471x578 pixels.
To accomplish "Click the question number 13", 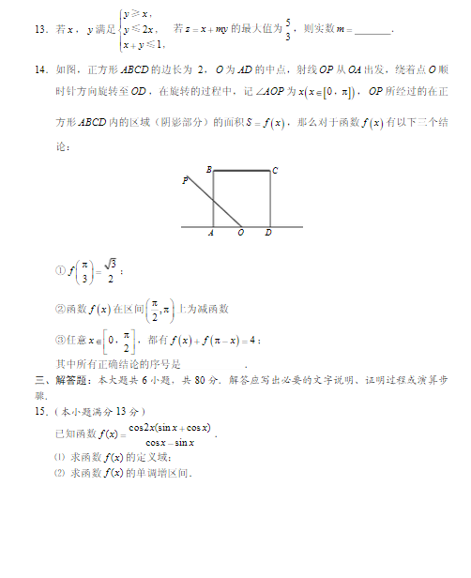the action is click(38, 30).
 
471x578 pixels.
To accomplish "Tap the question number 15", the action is click(39, 411).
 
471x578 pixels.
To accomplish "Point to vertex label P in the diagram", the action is click(186, 180).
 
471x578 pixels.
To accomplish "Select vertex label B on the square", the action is click(208, 170).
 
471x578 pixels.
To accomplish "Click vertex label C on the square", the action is click(275, 171).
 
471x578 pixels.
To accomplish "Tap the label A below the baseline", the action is click(212, 234).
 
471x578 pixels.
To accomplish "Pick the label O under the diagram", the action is click(241, 234).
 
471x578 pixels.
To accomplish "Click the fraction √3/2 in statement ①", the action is click(110, 270).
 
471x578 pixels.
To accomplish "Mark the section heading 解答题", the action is click(68, 380).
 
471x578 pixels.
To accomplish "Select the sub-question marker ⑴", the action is click(59, 457).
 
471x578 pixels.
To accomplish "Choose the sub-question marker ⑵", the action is click(59, 473).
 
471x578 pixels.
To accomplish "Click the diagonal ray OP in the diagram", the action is click(214, 200).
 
